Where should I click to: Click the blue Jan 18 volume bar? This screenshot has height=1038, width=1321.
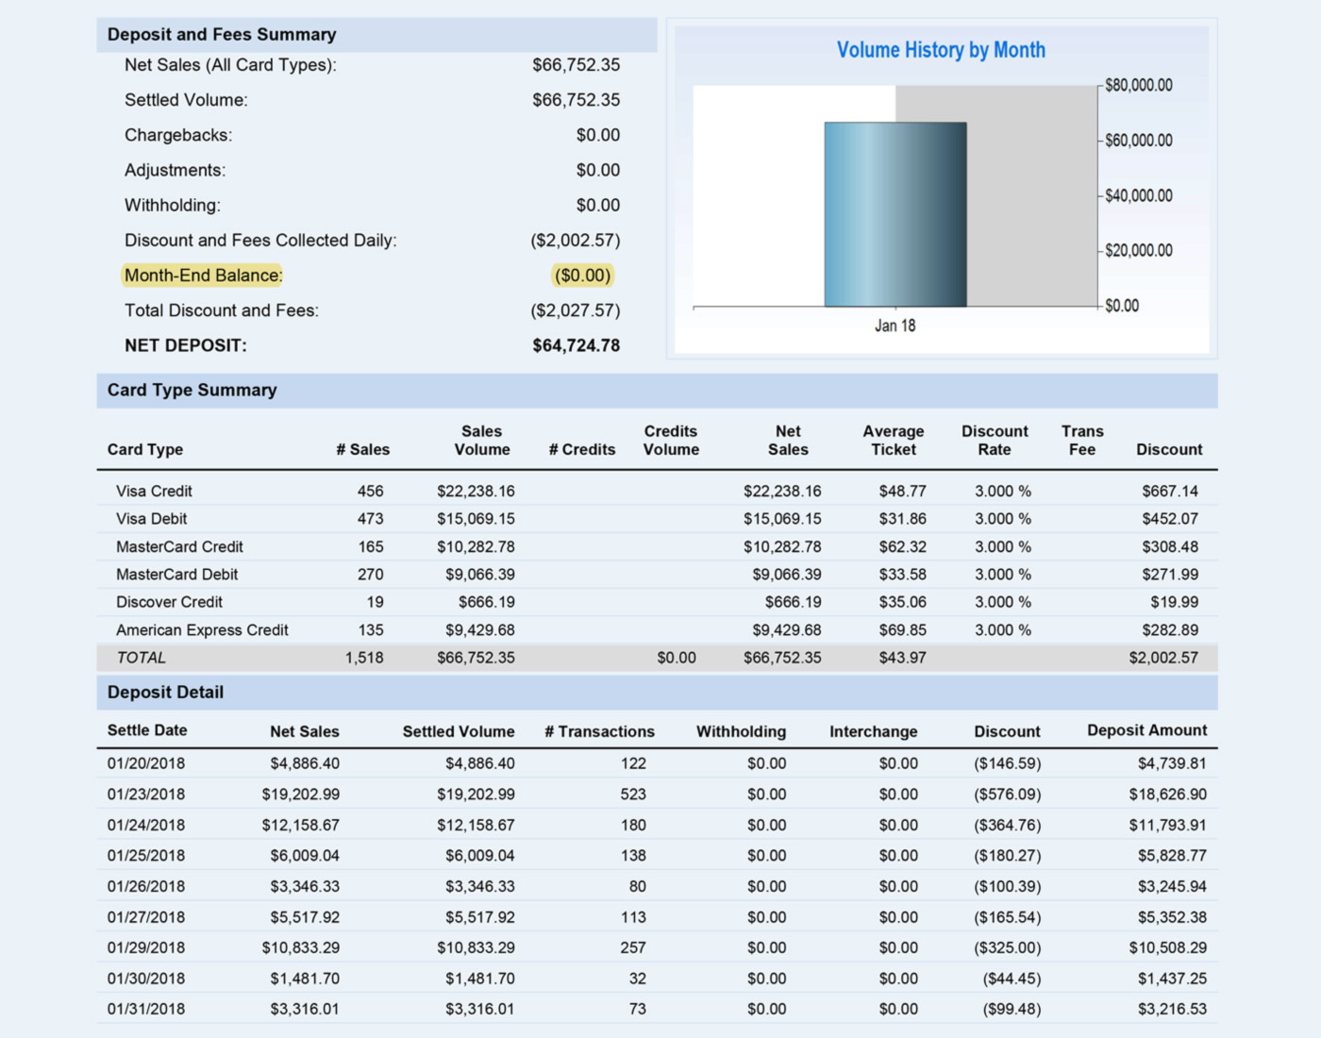click(895, 214)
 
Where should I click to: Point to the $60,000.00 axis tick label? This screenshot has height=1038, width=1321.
click(1139, 141)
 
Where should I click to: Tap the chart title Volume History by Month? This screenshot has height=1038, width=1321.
click(941, 50)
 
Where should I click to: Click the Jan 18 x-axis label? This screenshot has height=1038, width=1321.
click(895, 326)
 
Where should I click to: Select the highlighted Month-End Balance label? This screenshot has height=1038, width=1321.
click(203, 276)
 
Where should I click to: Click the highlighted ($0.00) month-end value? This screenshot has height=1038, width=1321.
click(582, 276)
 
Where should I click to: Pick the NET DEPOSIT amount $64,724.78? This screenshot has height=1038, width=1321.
click(577, 345)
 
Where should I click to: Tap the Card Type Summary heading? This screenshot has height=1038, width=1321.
click(192, 390)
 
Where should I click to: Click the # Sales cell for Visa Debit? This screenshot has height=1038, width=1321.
click(370, 518)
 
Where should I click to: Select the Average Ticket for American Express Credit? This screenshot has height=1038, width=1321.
click(902, 629)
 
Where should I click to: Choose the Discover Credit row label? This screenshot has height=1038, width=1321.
click(169, 602)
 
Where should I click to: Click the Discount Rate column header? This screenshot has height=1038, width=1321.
click(995, 440)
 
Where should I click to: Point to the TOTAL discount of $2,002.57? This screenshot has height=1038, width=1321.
click(1163, 658)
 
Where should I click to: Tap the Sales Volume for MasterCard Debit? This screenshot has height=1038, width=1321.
click(479, 575)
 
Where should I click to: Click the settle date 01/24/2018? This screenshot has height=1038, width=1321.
click(146, 825)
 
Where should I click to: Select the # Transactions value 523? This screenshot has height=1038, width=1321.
click(633, 794)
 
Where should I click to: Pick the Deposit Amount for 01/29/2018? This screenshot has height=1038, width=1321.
click(1168, 947)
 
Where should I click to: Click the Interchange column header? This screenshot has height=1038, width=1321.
click(874, 731)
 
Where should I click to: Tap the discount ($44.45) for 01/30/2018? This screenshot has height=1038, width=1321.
click(1012, 979)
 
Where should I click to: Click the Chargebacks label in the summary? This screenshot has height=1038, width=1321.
click(178, 135)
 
